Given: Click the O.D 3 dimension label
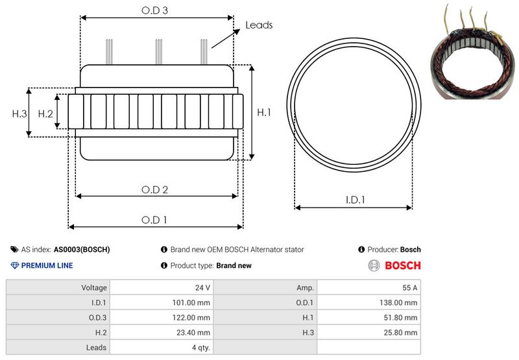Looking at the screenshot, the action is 154,10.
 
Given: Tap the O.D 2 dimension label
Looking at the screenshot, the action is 154,189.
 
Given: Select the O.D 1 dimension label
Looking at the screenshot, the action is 154,220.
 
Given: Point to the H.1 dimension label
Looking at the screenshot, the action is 264,112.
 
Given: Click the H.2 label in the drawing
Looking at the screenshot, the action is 45,114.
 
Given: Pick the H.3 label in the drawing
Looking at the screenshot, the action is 19,114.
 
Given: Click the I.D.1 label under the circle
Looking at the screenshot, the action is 355,200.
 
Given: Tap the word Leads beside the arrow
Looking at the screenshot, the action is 259,25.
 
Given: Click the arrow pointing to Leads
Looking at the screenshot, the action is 226,38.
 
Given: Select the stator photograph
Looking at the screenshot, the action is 474,53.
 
